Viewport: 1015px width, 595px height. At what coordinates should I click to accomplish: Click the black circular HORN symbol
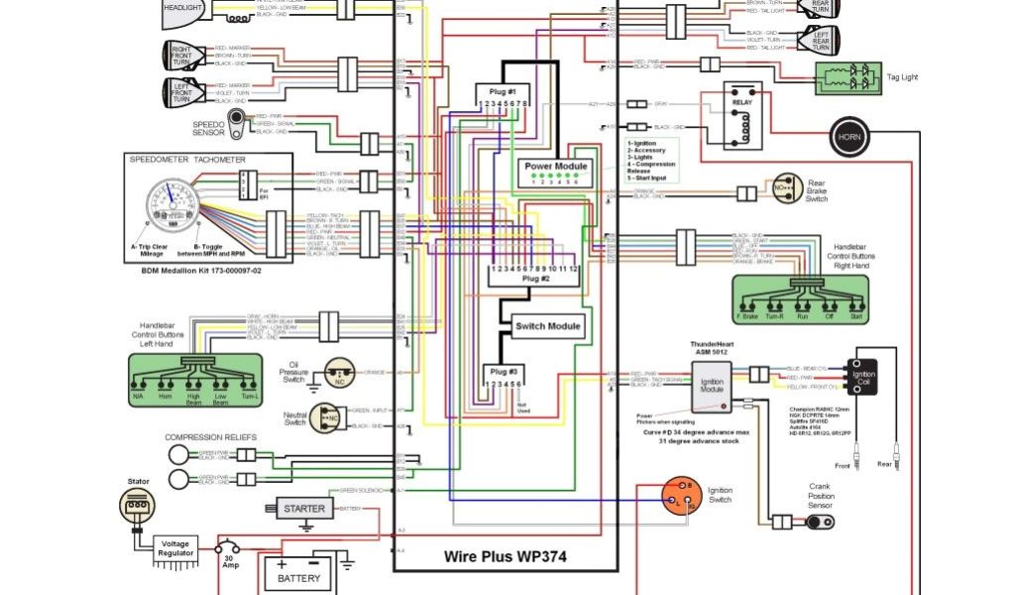pyautogui.click(x=848, y=136)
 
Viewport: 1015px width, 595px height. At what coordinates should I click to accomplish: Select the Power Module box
pyautogui.click(x=556, y=166)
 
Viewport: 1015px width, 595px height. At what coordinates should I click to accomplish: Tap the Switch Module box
pyautogui.click(x=548, y=325)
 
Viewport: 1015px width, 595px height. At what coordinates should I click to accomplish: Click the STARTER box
pyautogui.click(x=303, y=509)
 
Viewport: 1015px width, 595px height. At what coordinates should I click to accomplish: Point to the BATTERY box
pyautogui.click(x=298, y=576)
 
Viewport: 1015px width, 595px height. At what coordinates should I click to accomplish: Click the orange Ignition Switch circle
pyautogui.click(x=682, y=496)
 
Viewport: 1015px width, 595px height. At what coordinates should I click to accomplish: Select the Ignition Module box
pyautogui.click(x=711, y=386)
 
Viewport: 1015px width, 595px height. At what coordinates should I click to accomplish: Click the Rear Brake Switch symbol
pyautogui.click(x=786, y=187)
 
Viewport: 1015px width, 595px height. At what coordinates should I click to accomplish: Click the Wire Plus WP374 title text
pyautogui.click(x=506, y=555)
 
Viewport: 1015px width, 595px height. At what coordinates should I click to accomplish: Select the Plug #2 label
pyautogui.click(x=535, y=279)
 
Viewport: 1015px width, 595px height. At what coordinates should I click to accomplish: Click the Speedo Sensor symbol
pyautogui.click(x=239, y=119)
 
